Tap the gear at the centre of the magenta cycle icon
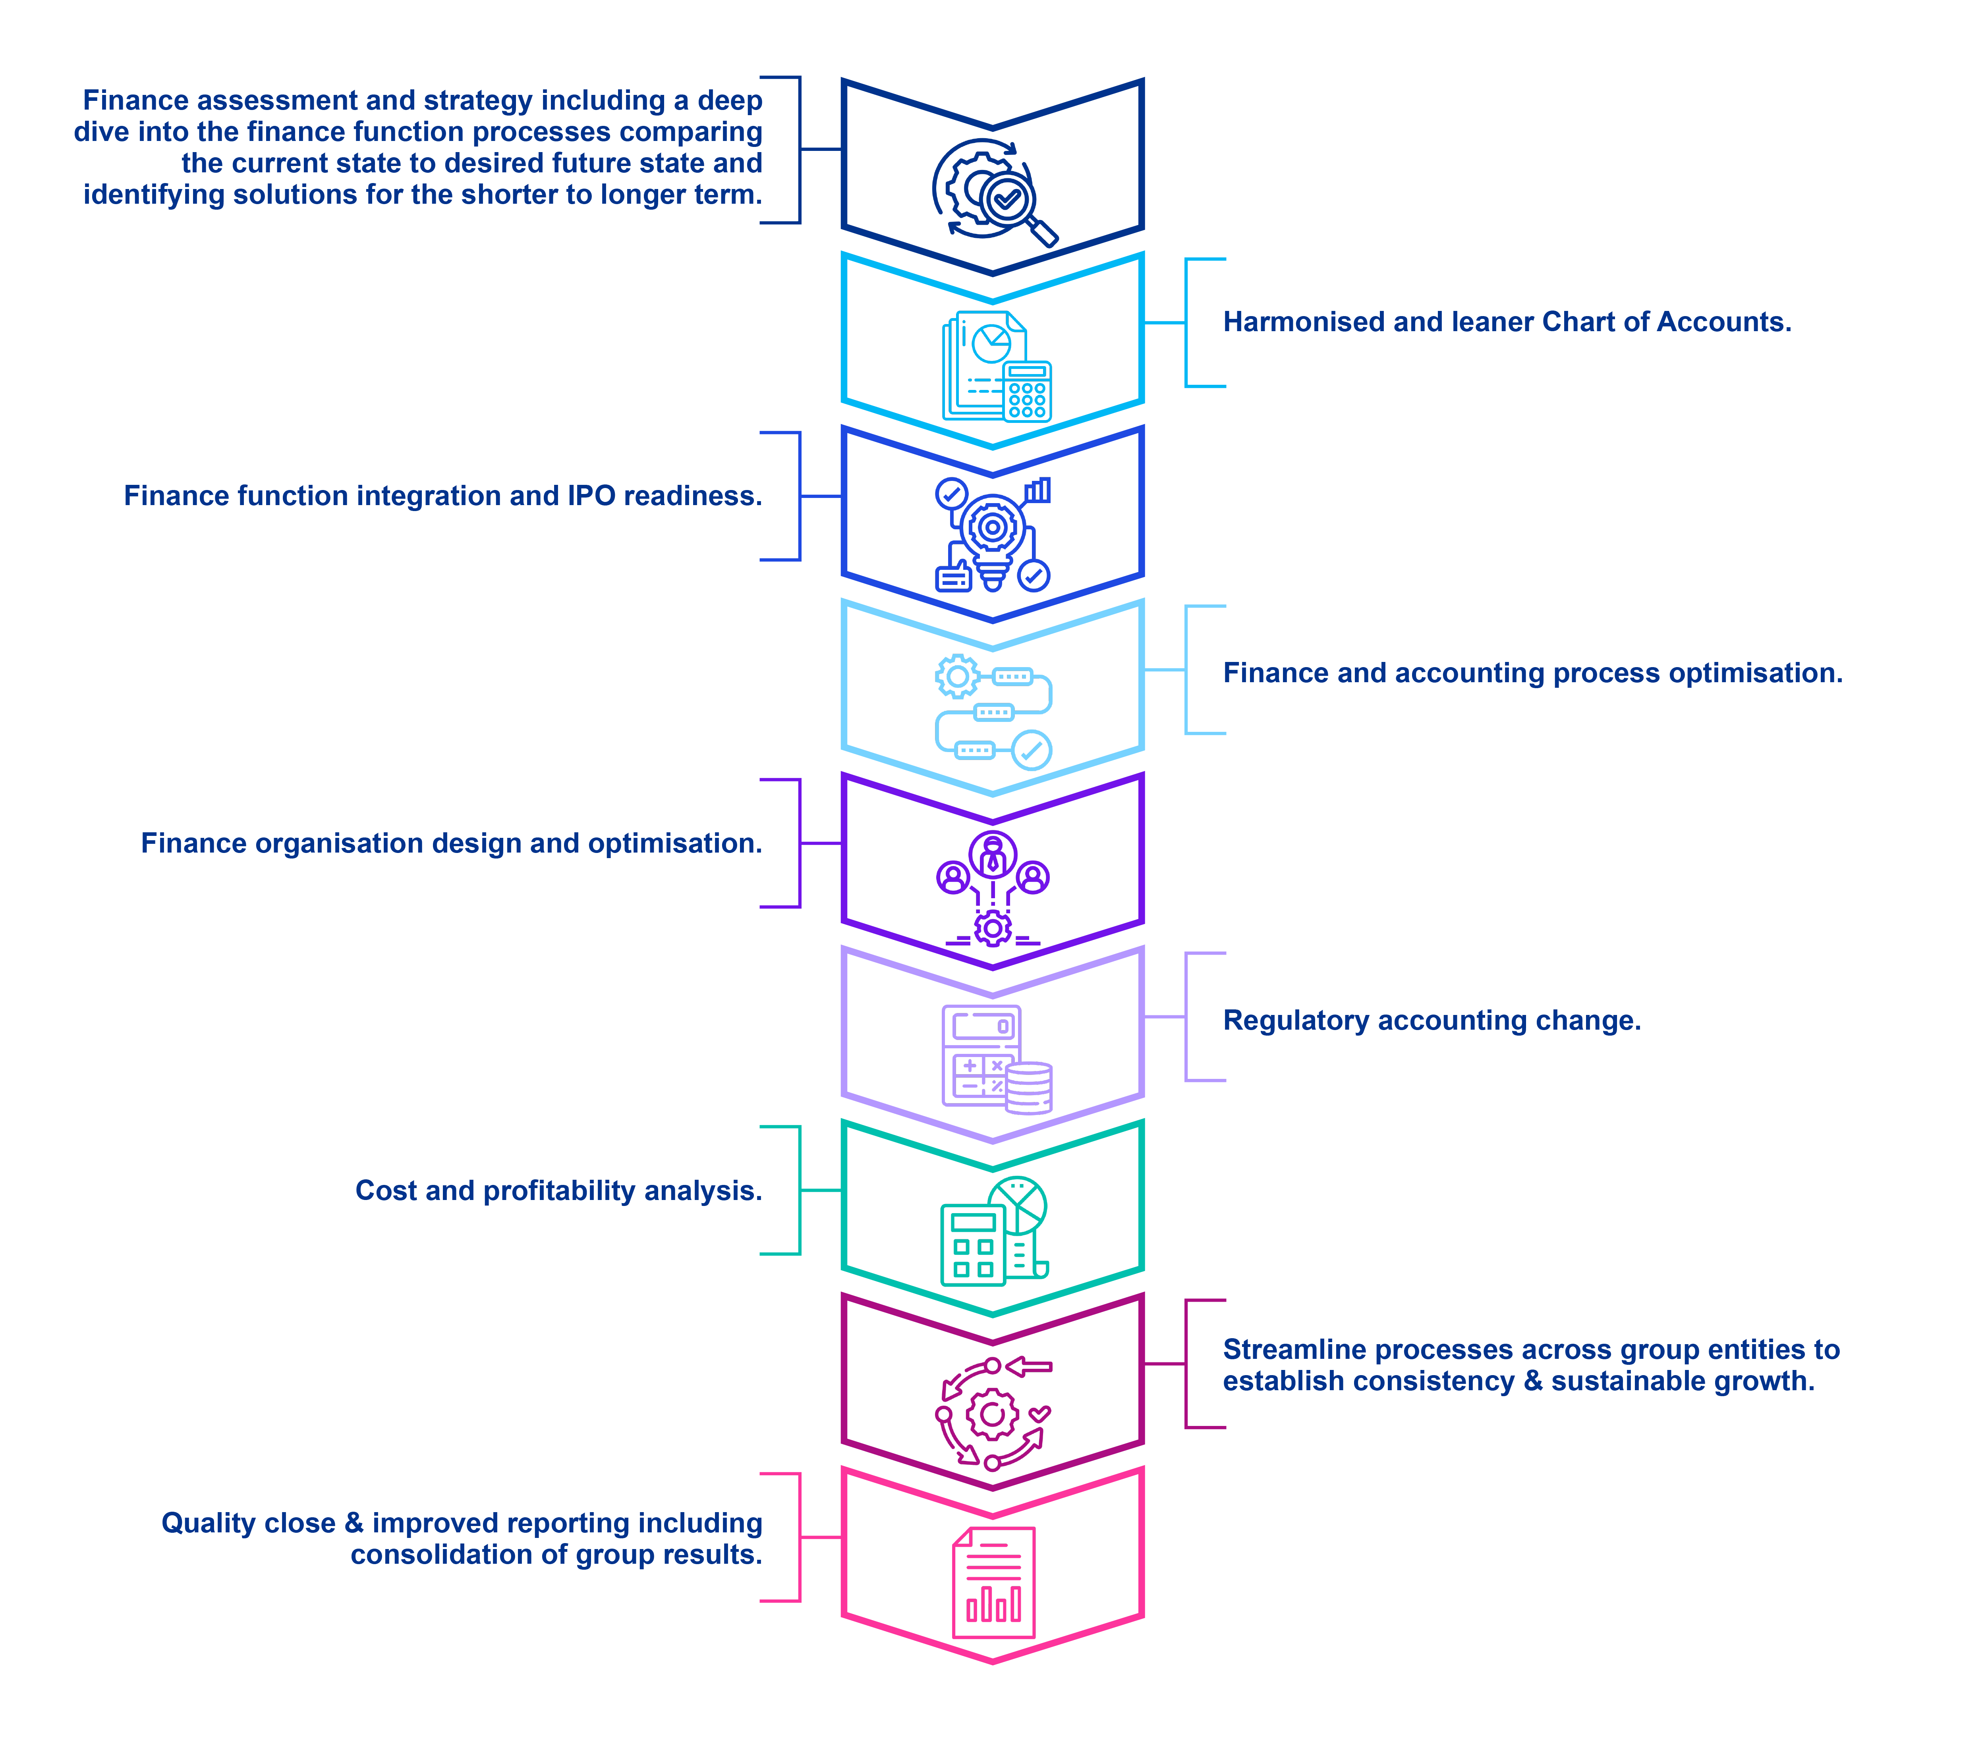(992, 1414)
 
